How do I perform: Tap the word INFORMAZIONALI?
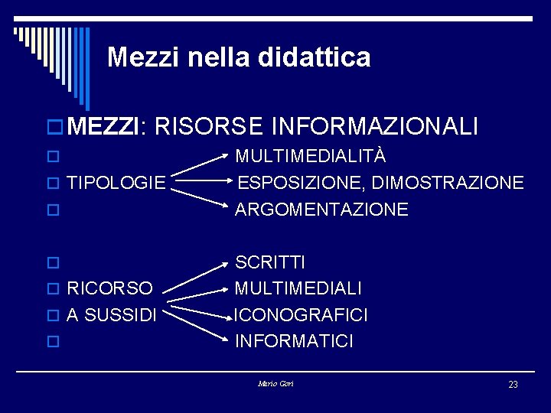coord(375,126)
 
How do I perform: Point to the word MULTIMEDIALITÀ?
coord(310,157)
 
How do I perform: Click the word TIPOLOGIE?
coord(116,183)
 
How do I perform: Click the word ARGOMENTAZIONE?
coord(321,210)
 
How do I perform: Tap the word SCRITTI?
coord(270,262)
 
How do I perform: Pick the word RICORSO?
coord(110,289)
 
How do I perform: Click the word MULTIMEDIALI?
coord(298,289)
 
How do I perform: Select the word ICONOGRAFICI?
coord(302,315)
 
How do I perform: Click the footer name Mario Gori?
coord(275,383)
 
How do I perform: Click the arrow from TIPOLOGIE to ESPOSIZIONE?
coord(203,183)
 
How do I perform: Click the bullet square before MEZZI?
coord(57,127)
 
